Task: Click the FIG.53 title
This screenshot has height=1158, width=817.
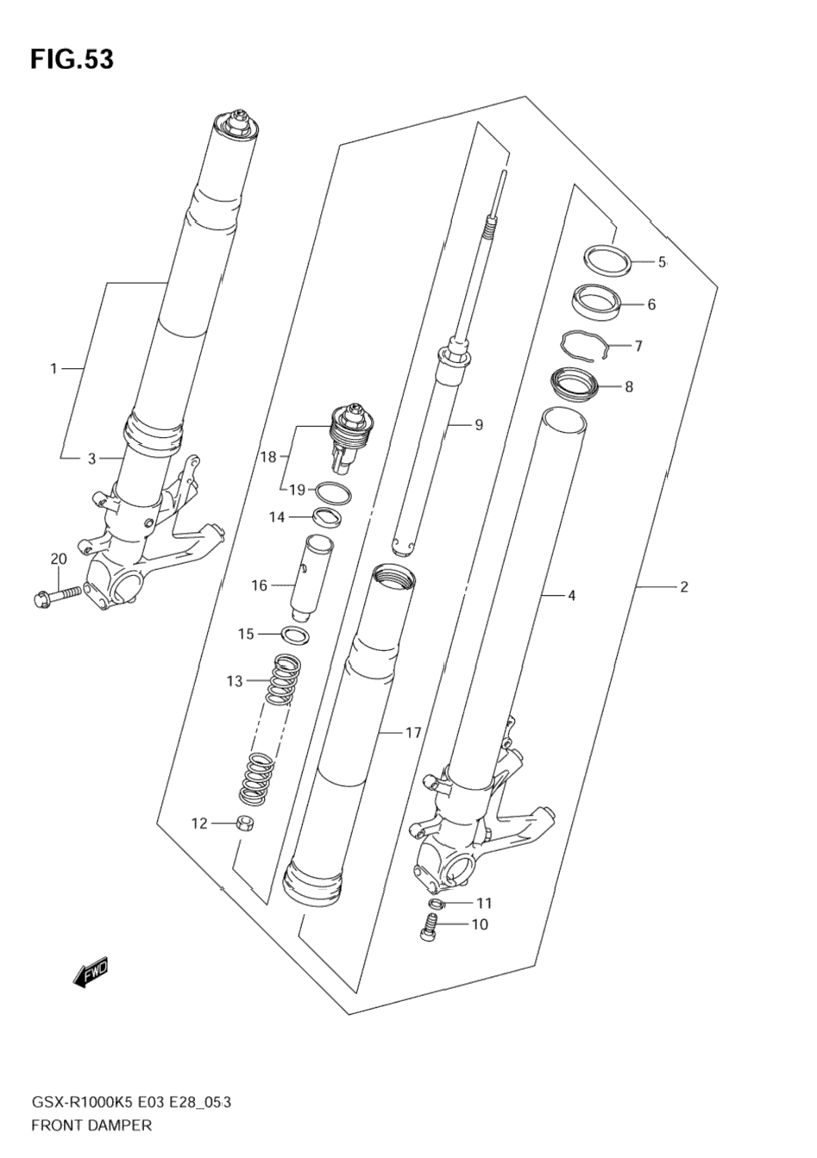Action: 72,59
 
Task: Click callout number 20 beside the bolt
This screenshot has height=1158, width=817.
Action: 58,560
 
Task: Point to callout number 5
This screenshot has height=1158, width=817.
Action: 662,262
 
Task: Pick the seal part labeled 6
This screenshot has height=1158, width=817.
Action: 597,303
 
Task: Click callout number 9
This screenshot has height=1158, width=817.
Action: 478,424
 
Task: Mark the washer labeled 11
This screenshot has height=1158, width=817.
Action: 437,903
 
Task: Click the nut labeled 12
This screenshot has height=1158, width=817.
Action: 245,823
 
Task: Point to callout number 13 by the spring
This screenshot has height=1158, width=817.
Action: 236,681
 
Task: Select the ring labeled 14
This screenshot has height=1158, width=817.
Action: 326,517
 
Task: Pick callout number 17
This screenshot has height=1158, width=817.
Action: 413,733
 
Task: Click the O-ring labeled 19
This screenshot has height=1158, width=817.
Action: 333,492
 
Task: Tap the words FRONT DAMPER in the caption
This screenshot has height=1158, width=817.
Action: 91,1124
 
